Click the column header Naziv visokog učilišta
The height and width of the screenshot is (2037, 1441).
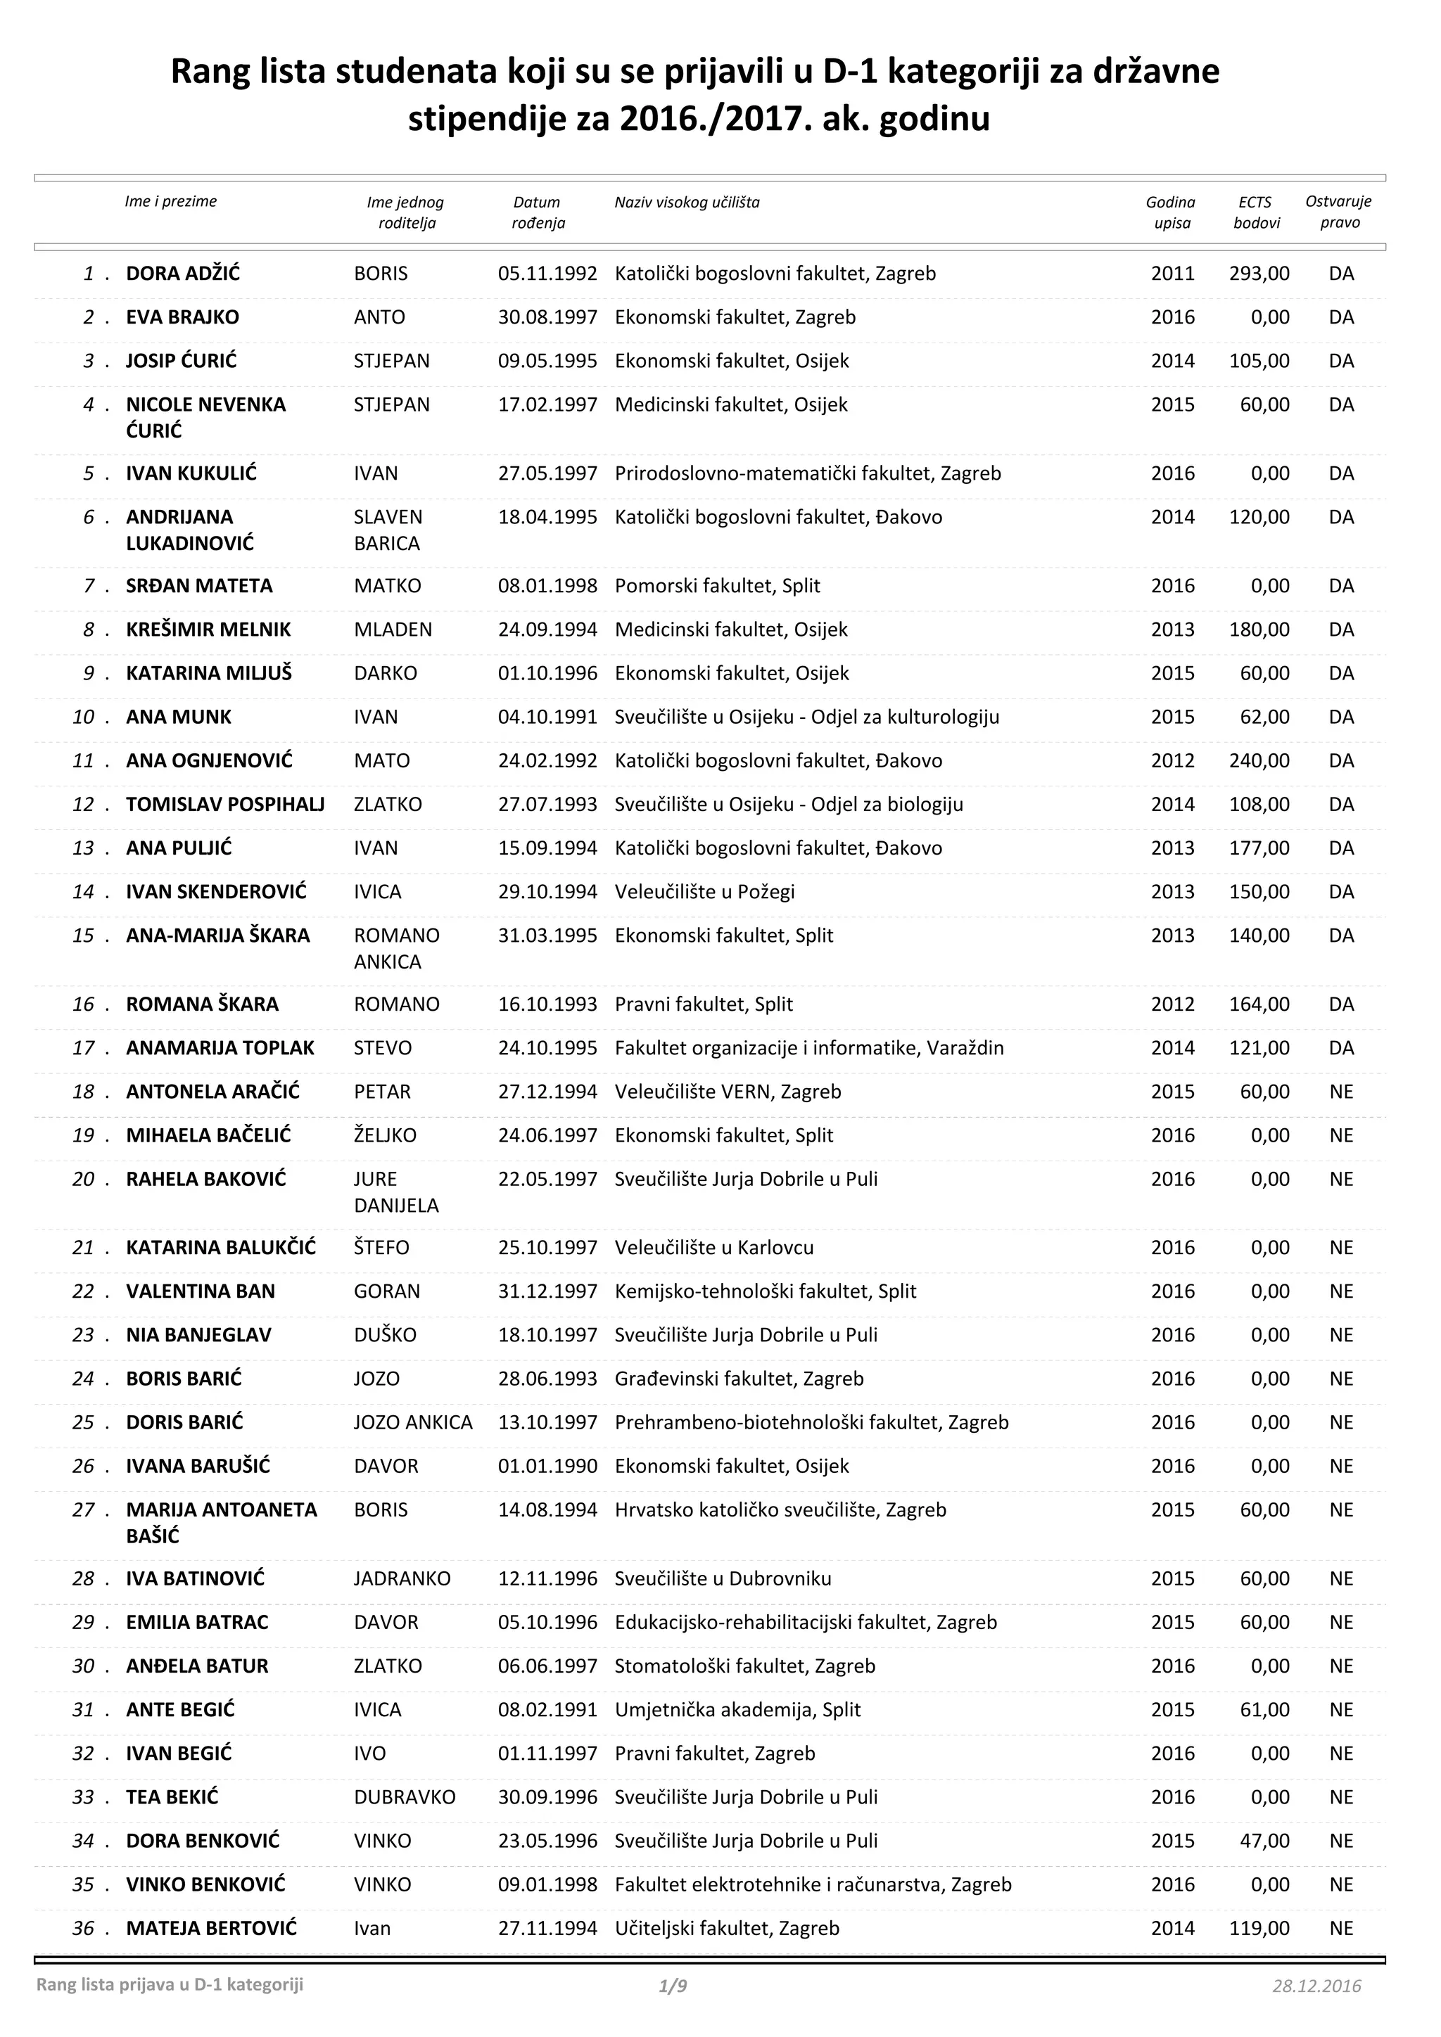point(687,203)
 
